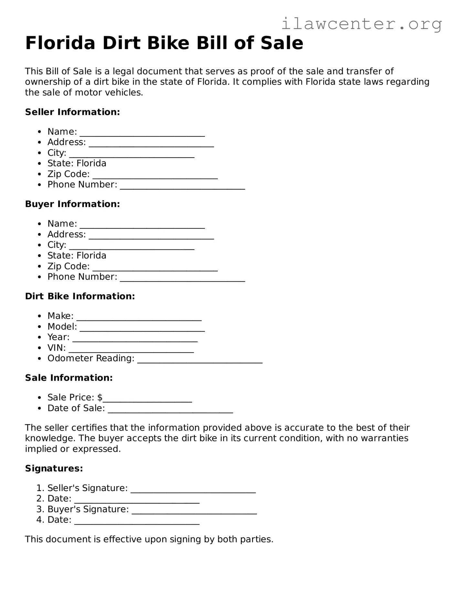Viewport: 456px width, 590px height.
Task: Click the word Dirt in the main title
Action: click(121, 43)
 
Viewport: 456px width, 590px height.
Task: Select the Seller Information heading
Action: click(72, 112)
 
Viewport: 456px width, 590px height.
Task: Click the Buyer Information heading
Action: click(72, 204)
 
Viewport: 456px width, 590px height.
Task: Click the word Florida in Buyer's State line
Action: click(91, 256)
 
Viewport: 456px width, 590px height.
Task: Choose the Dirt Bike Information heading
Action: click(80, 296)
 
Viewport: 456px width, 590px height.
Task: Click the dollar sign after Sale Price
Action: click(100, 397)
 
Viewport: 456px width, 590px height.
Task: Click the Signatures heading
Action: click(54, 469)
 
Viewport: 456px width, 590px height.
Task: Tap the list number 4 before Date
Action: click(39, 520)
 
